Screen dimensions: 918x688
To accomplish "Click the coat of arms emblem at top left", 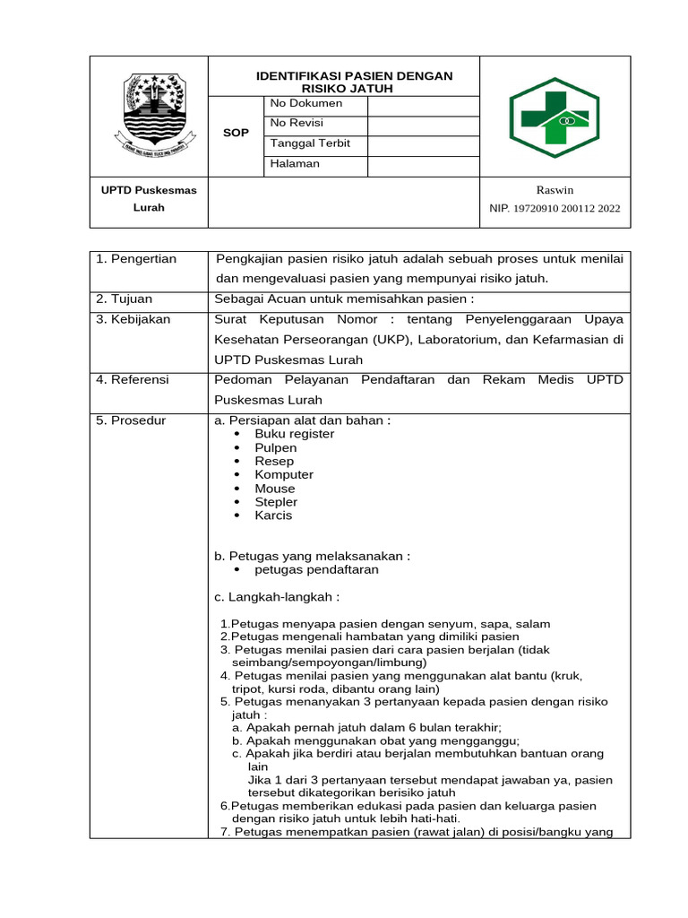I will click(x=149, y=114).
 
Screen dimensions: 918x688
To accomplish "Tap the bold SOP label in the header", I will click(x=236, y=134).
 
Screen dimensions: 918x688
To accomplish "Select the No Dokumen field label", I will click(x=305, y=104).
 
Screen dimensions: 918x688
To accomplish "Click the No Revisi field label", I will click(x=297, y=124).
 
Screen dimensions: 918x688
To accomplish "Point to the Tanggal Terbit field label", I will click(x=310, y=143).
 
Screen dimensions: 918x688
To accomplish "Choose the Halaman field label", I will click(x=294, y=164).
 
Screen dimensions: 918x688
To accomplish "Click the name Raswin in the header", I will click(x=555, y=190).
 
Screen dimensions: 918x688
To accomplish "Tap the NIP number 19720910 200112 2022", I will click(x=555, y=209).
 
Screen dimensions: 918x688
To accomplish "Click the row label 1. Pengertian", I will click(x=136, y=259).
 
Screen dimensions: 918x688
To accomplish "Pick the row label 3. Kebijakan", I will click(x=133, y=319).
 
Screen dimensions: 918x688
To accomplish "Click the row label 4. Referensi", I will click(x=133, y=380).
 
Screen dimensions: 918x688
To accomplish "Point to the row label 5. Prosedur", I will click(x=131, y=420).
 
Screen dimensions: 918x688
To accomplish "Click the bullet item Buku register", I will click(x=294, y=434).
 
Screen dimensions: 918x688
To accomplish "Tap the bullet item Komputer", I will click(x=284, y=475).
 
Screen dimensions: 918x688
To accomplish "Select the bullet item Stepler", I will click(x=276, y=502).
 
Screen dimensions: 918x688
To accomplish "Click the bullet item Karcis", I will click(x=273, y=515).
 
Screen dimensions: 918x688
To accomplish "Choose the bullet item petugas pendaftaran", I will click(x=316, y=570).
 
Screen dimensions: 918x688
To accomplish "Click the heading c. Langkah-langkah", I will click(x=278, y=597).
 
